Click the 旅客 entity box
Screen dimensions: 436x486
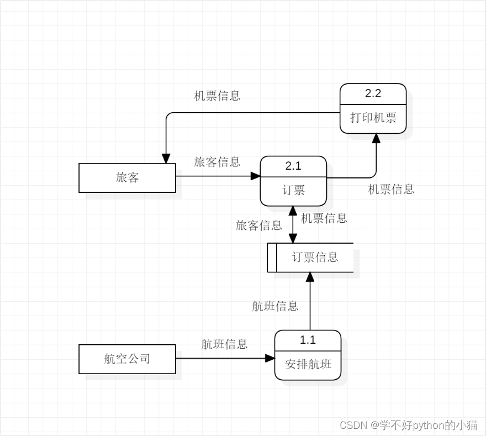(x=127, y=177)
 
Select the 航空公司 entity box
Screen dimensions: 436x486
(x=127, y=359)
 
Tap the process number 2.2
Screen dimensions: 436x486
(x=373, y=93)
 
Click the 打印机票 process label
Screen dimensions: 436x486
(x=373, y=118)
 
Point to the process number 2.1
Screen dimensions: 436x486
(x=293, y=165)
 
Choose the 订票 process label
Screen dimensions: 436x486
(x=293, y=190)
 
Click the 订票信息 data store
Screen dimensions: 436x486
(x=314, y=257)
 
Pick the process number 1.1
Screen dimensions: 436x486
(x=308, y=339)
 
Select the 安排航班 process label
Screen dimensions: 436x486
(x=308, y=364)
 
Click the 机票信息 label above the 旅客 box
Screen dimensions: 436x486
(x=217, y=96)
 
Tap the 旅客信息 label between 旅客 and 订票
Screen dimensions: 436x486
(x=217, y=162)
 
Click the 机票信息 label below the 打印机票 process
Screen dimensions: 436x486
(x=391, y=189)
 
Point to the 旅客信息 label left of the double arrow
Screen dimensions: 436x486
(x=259, y=225)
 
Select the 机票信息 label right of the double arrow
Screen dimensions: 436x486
(x=324, y=218)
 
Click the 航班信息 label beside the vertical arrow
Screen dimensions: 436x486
(x=275, y=306)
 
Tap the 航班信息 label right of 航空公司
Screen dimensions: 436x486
(x=224, y=344)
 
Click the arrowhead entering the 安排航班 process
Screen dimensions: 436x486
(x=270, y=359)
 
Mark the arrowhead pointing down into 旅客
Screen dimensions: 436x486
(x=166, y=159)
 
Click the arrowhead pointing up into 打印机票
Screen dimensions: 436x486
(x=376, y=138)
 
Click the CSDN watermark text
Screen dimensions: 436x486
(x=409, y=425)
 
